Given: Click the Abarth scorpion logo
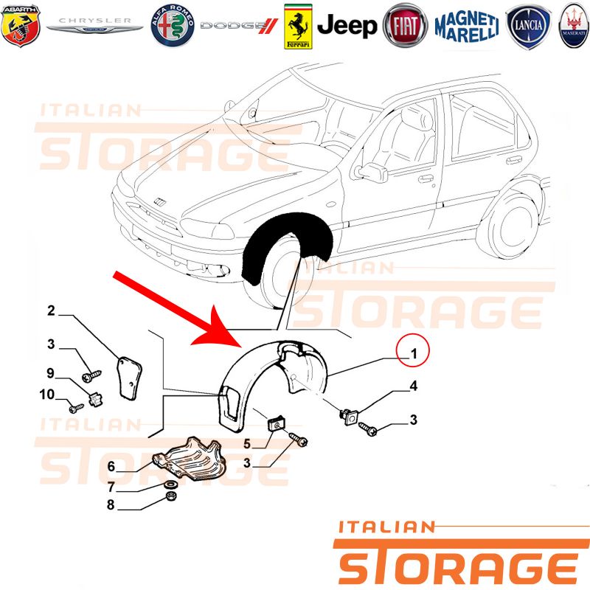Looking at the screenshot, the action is click(21, 26).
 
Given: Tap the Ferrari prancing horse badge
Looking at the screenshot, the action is click(298, 27).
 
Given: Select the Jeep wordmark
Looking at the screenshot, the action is click(347, 26).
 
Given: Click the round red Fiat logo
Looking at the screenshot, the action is click(405, 26).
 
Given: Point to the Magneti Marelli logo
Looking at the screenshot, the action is click(467, 27).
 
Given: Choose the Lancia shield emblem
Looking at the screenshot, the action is click(528, 27).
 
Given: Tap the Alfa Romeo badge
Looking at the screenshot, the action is click(173, 26).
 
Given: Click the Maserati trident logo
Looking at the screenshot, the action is click(575, 26).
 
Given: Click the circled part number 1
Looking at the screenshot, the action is click(413, 353).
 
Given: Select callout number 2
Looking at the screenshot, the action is click(51, 310).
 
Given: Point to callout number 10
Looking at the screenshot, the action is click(47, 395).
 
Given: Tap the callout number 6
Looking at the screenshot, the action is click(111, 466).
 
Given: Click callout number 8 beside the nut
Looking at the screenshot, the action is click(111, 504).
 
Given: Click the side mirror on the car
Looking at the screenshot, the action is click(372, 173).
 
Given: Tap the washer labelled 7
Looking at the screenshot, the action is click(171, 484).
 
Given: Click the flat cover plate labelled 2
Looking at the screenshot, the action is click(128, 378).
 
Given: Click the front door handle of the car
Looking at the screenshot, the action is click(426, 178).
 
